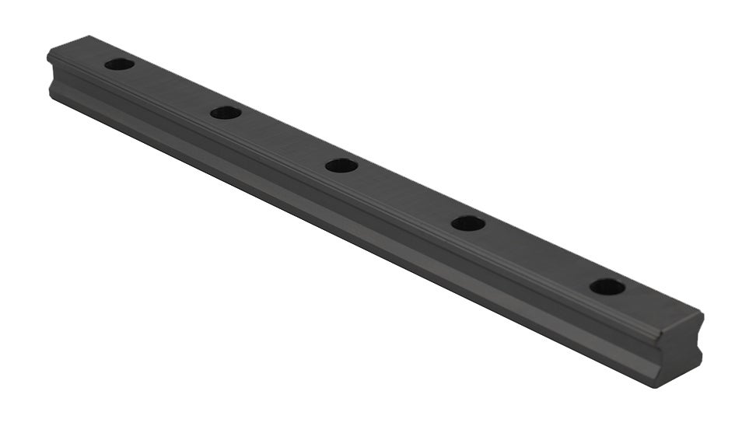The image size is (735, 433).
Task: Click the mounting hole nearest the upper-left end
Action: coord(119,64)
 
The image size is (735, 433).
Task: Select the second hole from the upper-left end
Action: coord(226,113)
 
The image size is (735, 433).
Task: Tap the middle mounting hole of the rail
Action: coord(341,166)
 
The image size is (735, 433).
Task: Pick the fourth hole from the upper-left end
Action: coord(468,224)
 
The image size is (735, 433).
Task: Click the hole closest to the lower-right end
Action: coord(607,287)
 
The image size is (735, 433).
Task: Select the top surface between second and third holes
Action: coord(283,139)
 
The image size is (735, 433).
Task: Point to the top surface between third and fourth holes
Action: coord(404,194)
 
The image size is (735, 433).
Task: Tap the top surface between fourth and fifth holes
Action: coord(537,255)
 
